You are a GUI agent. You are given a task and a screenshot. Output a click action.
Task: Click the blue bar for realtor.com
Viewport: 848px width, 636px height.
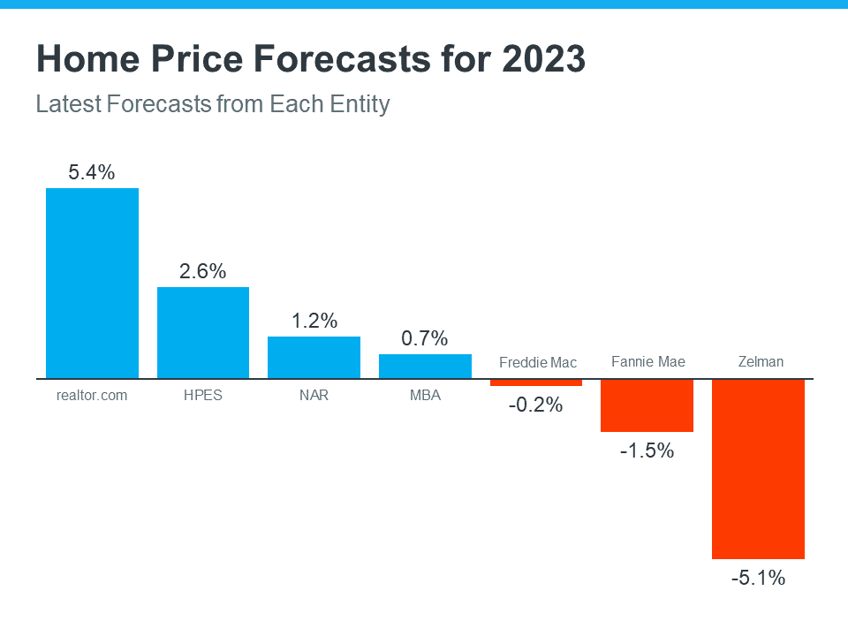[x=92, y=283]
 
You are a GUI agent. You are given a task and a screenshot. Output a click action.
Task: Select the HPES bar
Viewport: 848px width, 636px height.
[x=203, y=332]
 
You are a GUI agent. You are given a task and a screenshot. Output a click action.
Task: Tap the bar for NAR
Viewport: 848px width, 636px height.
[x=314, y=357]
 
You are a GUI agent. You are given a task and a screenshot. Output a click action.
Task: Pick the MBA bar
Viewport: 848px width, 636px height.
[x=425, y=366]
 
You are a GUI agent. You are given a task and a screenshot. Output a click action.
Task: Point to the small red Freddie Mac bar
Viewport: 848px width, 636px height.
[x=536, y=382]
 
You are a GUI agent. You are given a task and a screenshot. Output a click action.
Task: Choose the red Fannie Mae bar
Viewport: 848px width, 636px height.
[x=647, y=405]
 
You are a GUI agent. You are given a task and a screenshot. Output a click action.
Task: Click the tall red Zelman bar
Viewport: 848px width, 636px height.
[x=758, y=468]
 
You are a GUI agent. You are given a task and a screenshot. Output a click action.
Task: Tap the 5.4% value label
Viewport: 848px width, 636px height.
[x=92, y=172]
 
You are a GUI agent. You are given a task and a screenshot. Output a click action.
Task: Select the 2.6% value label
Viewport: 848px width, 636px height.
[x=203, y=271]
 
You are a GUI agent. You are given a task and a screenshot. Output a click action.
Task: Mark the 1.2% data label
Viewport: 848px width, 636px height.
[x=314, y=321]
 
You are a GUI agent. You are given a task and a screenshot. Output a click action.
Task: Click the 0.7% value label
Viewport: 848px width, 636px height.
[x=425, y=338]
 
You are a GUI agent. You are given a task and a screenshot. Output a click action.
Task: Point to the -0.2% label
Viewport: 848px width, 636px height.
[x=536, y=406]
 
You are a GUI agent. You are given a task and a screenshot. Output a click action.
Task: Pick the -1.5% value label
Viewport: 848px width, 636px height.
[x=647, y=451]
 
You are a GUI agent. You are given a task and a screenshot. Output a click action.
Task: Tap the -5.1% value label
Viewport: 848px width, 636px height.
[x=758, y=579]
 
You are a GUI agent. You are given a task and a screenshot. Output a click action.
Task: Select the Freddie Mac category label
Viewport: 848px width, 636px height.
[x=537, y=362]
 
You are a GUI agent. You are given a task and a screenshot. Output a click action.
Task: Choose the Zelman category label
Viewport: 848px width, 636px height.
[x=760, y=361]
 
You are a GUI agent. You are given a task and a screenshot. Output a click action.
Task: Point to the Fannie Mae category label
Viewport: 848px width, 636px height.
[x=647, y=361]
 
